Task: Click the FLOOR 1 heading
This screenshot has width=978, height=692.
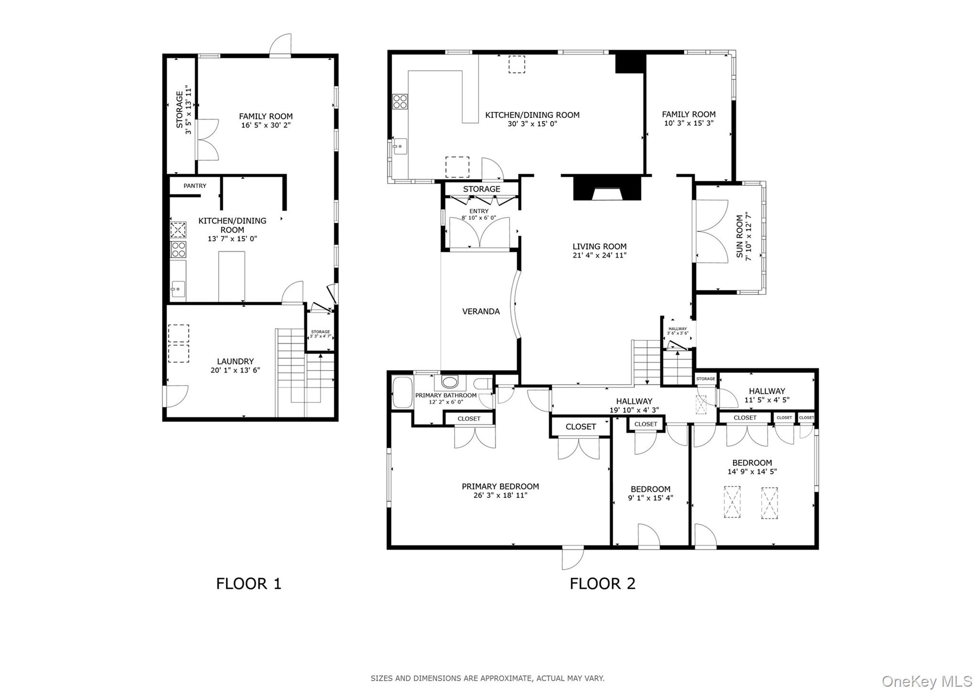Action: pyautogui.click(x=248, y=584)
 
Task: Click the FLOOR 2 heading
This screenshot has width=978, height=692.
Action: pyautogui.click(x=602, y=584)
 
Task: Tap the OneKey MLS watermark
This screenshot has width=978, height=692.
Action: pyautogui.click(x=927, y=681)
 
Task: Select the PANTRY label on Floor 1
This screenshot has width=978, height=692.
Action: pyautogui.click(x=195, y=186)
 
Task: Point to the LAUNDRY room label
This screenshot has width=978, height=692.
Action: pyautogui.click(x=235, y=361)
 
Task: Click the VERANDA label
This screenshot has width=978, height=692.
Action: pyautogui.click(x=481, y=312)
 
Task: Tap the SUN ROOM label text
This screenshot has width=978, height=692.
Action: pyautogui.click(x=740, y=237)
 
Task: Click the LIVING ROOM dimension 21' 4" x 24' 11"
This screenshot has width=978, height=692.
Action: pyautogui.click(x=599, y=255)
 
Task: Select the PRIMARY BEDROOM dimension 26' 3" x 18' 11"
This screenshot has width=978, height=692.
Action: pyautogui.click(x=500, y=495)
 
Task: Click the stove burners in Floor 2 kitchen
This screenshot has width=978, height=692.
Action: pyautogui.click(x=400, y=101)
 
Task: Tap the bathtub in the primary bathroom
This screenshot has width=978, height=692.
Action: pyautogui.click(x=402, y=393)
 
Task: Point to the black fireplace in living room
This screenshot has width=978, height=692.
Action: pyautogui.click(x=606, y=188)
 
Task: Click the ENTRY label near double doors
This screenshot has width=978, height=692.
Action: pyautogui.click(x=478, y=211)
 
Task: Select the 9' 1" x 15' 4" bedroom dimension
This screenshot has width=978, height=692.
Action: pyautogui.click(x=650, y=497)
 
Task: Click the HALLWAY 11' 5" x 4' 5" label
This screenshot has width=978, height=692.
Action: pyautogui.click(x=766, y=395)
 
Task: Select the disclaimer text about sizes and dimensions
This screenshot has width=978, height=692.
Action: pyautogui.click(x=487, y=678)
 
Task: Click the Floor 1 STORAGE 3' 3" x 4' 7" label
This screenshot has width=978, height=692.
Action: pyautogui.click(x=320, y=334)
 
